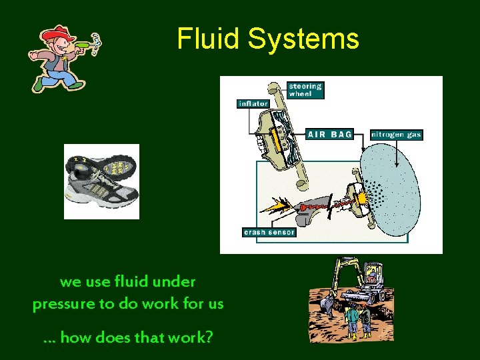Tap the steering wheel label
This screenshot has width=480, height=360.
(x=305, y=90)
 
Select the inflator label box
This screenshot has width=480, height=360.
(x=253, y=103)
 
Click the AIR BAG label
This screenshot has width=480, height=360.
(x=329, y=134)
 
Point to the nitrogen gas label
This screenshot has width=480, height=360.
(x=396, y=134)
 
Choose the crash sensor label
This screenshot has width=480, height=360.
(x=269, y=232)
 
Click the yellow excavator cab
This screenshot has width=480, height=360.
(x=372, y=273)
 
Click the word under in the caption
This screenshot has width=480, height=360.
(x=173, y=282)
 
